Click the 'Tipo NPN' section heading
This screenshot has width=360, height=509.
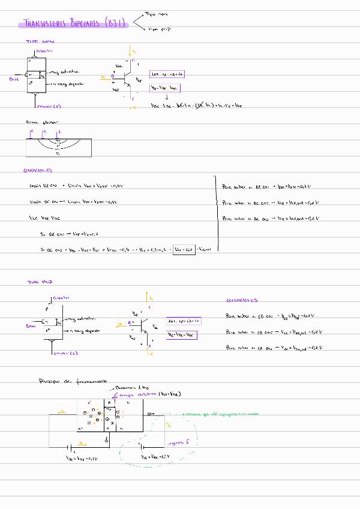click(40, 42)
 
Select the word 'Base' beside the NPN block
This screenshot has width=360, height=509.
click(15, 79)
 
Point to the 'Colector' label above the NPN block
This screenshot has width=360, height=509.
click(44, 52)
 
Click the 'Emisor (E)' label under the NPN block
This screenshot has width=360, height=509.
click(48, 106)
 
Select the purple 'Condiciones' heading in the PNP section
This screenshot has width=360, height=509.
click(242, 300)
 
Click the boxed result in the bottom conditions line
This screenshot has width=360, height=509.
click(183, 248)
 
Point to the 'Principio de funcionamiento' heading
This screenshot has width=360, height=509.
click(73, 381)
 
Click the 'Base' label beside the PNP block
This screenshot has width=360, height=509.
click(31, 325)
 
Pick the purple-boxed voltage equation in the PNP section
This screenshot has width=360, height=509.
click(181, 334)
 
